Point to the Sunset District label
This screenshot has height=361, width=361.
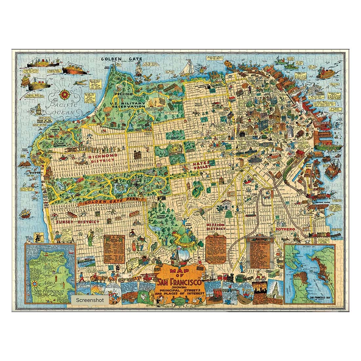[x=77, y=222]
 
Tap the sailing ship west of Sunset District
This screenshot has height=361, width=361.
[x=26, y=213]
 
